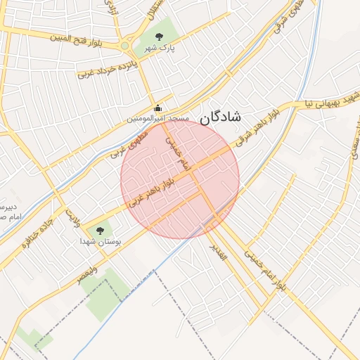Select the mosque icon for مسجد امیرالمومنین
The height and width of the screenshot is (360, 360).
(x=157, y=108)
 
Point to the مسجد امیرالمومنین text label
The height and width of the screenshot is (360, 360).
(x=157, y=120)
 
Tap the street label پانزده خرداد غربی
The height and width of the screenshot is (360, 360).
(x=108, y=68)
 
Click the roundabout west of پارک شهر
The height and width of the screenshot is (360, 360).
(x=125, y=46)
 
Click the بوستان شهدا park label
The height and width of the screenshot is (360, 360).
(x=99, y=241)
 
